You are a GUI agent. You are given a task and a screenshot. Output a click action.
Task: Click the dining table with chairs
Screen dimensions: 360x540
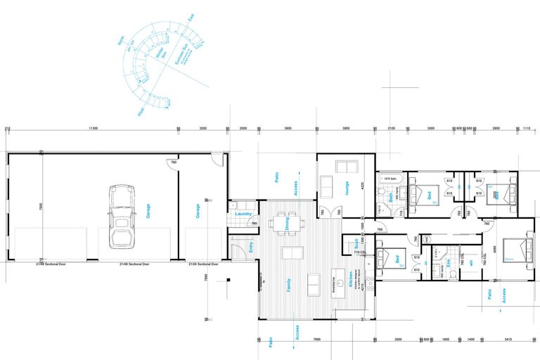pyautogui.click(x=289, y=224)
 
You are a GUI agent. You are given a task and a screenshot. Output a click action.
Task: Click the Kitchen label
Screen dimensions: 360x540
pyautogui.click(x=349, y=281)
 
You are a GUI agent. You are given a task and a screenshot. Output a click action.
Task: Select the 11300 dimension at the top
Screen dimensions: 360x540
pyautogui.click(x=93, y=129)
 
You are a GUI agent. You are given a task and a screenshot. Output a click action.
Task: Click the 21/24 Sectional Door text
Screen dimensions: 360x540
pyautogui.click(x=203, y=264)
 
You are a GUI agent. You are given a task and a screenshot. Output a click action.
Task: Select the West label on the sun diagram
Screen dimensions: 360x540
pyautogui.click(x=141, y=110)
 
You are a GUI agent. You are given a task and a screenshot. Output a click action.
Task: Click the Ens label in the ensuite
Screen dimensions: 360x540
pyautogui.click(x=449, y=264)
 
